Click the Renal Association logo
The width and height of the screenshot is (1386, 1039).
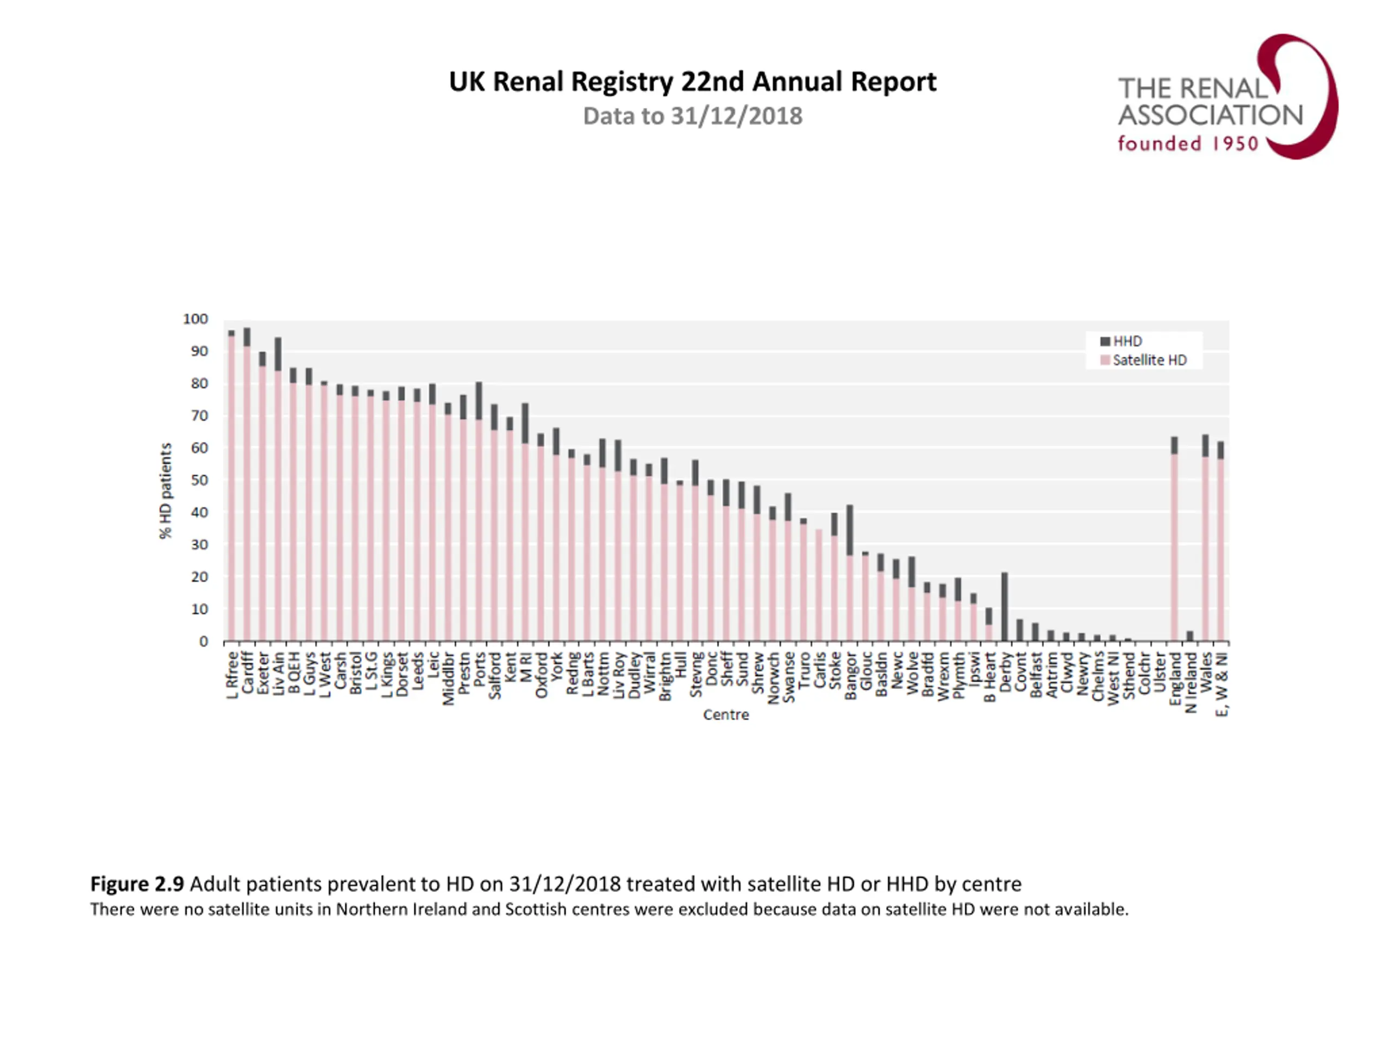(x=1227, y=97)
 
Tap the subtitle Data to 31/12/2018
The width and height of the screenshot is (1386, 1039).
(x=692, y=116)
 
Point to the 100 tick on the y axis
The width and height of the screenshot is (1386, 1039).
(x=195, y=319)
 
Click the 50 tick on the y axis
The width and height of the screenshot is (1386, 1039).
(x=199, y=481)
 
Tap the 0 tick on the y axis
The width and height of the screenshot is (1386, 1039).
(x=203, y=641)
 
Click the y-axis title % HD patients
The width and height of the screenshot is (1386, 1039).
(x=166, y=490)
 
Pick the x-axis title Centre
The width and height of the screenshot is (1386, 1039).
(x=725, y=715)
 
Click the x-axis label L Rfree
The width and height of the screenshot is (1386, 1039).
(x=232, y=675)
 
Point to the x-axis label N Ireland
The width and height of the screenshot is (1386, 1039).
(x=1191, y=682)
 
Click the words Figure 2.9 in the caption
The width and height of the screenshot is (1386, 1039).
(x=136, y=884)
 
